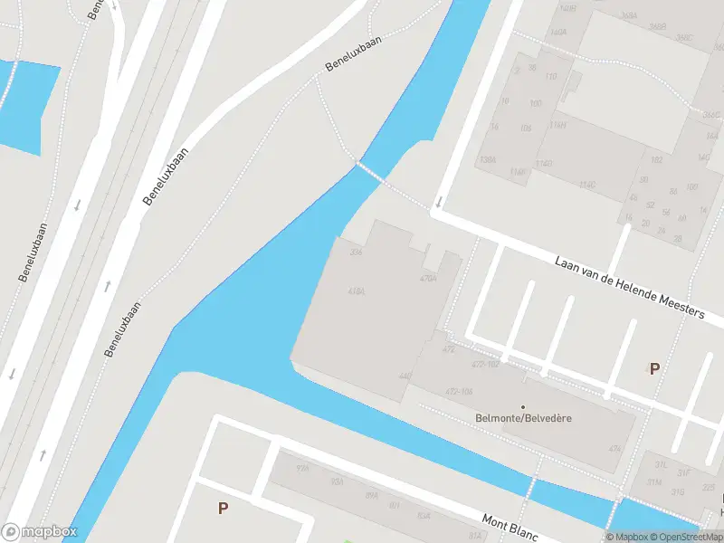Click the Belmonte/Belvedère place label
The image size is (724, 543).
tap(523, 418)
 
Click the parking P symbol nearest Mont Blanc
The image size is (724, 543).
tap(223, 509)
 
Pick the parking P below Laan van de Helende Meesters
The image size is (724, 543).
tap(654, 368)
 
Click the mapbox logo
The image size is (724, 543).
tap(39, 532)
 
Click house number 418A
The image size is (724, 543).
tap(356, 291)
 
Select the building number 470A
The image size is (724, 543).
tap(428, 279)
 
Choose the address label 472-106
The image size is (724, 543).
tap(459, 392)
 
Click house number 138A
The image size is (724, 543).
tap(488, 160)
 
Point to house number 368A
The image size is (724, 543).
tap(629, 15)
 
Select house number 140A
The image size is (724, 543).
tap(557, 32)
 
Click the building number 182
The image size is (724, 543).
tap(657, 160)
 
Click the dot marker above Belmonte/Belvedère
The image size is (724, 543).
tap(523, 406)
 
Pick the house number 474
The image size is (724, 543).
tap(614, 448)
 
